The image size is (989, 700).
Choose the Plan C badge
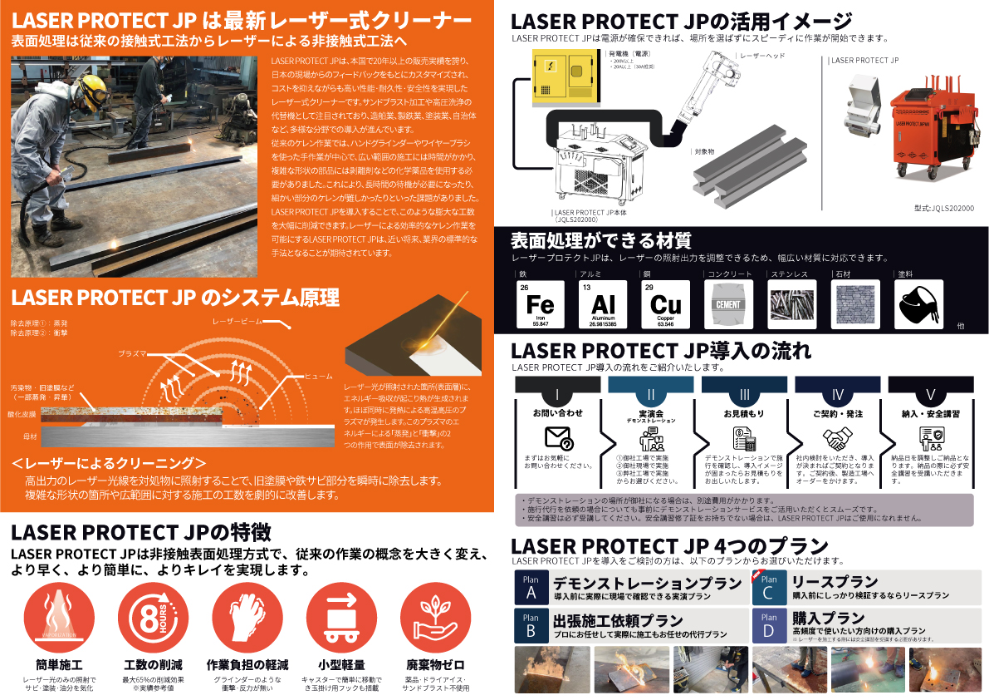[769, 587]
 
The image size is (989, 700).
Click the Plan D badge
[769, 625]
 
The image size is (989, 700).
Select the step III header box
[744, 394]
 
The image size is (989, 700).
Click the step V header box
[930, 394]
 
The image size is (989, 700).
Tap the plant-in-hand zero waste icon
[435, 618]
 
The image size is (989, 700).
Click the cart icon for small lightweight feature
[341, 618]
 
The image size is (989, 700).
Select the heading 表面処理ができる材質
[600, 241]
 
